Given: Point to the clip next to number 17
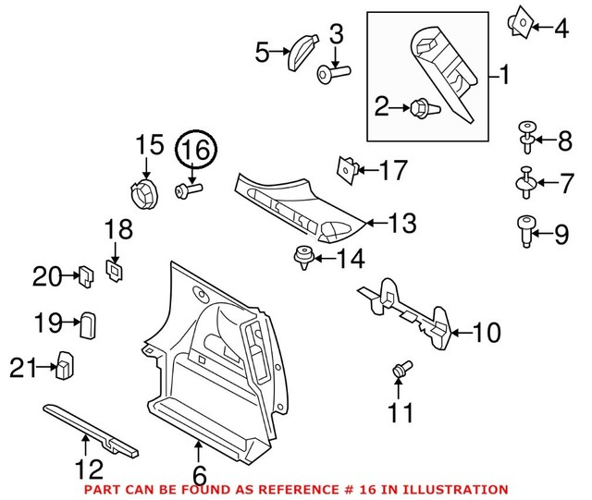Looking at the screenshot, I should click(x=346, y=169).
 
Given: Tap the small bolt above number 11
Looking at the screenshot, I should click(x=400, y=371).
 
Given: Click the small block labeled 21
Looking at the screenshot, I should click(x=67, y=365).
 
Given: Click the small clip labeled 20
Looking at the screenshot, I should click(x=84, y=274).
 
